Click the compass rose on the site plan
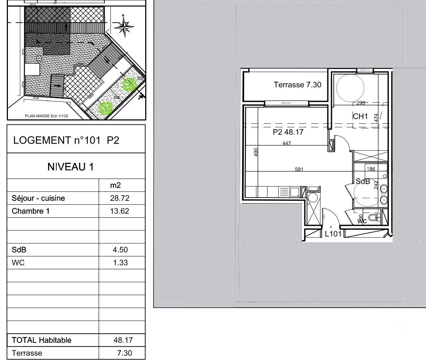pos(124,26)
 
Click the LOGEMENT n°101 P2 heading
pos(66,140)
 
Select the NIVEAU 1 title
pos(70,166)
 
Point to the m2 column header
pos(115,185)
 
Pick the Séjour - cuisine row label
pos(38,198)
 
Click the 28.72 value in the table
pos(120,198)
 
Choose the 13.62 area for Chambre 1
pos(120,211)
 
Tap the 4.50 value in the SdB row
pos(120,250)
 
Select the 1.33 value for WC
pos(120,263)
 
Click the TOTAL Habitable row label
pos(42,340)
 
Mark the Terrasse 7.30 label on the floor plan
pos(298,85)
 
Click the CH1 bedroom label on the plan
pos(360,116)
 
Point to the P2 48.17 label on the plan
pos(288,132)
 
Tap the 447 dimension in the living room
pos(287,143)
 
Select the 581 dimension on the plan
pos(299,170)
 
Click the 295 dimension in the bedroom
pos(361,103)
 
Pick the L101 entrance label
pos(333,234)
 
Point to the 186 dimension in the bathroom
pos(371,169)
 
